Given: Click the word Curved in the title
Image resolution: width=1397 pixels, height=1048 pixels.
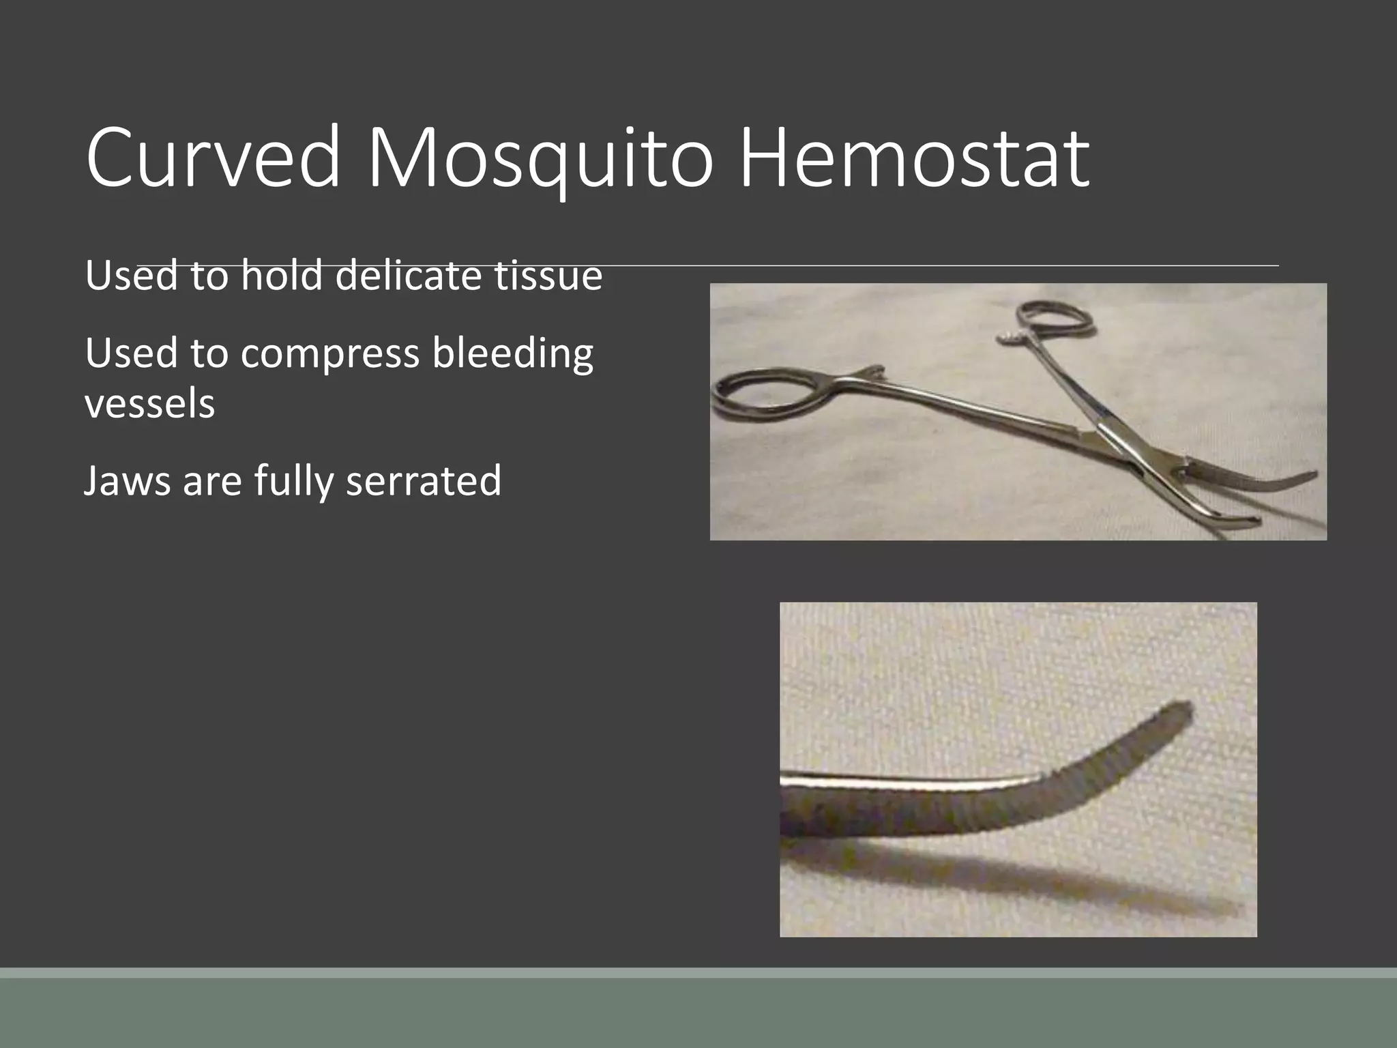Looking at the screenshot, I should pos(213,158).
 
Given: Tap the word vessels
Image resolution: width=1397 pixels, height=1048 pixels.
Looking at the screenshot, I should pos(150,404).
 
